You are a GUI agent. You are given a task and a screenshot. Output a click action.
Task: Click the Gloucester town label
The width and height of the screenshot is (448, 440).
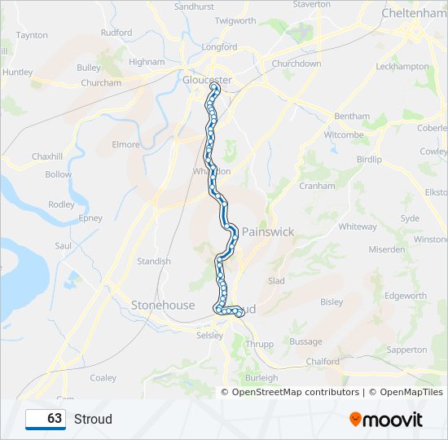coord(207,79)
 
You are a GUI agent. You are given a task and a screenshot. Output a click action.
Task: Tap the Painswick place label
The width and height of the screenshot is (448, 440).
coord(267,232)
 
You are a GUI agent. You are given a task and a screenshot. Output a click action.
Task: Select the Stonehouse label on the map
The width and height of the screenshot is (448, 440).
coord(163,306)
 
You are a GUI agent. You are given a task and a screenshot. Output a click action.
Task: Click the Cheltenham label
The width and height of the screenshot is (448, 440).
coord(414,14)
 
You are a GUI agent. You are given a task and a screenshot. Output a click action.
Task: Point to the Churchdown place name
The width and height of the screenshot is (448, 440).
coord(296,64)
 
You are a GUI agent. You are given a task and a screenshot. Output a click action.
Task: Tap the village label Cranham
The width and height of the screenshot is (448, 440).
coord(317,186)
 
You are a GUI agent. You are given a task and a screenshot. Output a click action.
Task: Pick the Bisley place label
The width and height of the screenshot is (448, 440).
coord(332,301)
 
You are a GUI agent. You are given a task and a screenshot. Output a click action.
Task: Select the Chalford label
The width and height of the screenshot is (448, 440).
coord(323,361)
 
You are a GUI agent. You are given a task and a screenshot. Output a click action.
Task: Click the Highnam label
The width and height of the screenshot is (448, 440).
coord(147,61)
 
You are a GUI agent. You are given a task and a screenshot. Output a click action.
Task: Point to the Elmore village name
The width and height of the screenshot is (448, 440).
coord(126,145)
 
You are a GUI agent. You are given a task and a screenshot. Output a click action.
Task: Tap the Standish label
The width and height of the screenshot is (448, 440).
coord(154,262)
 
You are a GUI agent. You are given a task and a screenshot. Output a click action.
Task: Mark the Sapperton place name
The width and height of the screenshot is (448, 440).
coord(406,350)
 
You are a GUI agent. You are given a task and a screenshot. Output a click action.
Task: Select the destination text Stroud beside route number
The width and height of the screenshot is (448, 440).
coord(93,419)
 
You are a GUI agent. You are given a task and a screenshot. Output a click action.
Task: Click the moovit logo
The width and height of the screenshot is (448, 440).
coord(386,419)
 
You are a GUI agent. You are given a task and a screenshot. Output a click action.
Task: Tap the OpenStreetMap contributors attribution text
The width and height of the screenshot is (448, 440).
coord(296,392)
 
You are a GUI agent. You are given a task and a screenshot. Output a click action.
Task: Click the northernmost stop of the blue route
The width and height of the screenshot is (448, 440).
coord(214,86)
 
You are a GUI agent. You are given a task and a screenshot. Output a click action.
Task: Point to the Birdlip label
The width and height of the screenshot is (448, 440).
coord(369,160)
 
